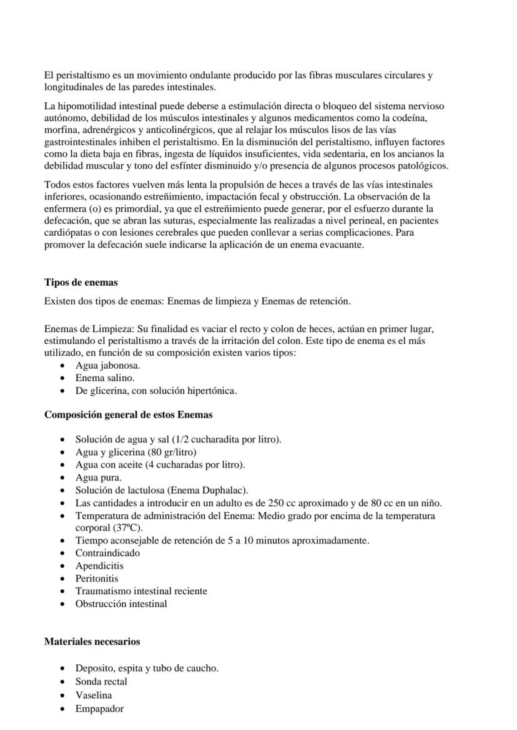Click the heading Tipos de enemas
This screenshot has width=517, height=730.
[81, 282]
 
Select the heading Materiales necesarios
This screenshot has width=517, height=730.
[92, 641]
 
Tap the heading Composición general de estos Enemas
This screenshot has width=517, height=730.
[128, 414]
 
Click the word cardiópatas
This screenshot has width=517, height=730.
[69, 232]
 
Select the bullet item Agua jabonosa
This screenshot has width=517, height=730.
[107, 366]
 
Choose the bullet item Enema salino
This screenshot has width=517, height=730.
[105, 378]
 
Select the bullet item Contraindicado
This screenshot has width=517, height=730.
[107, 553]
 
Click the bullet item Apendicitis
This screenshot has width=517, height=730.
[99, 566]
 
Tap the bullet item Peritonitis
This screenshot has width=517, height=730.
[97, 578]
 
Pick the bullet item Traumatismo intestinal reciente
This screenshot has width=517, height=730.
[141, 591]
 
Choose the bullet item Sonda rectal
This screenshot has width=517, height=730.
[101, 681]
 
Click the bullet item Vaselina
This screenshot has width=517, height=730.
[94, 695]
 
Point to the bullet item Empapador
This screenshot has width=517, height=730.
[99, 709]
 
